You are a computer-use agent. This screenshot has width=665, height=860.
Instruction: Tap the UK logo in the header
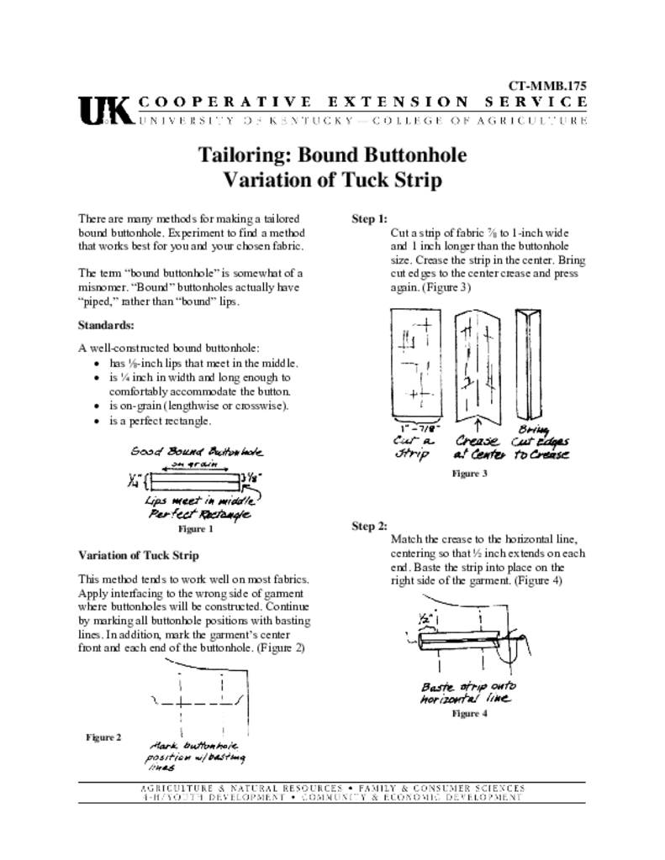(104, 110)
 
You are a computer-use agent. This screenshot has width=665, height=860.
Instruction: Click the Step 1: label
(369, 220)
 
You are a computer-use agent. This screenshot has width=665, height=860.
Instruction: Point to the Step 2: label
(369, 527)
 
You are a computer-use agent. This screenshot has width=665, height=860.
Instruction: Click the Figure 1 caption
(195, 529)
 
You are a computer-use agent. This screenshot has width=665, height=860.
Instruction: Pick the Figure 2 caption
(103, 737)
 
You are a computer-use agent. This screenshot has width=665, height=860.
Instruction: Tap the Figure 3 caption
(470, 474)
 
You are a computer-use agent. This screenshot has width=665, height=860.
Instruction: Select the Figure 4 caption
(470, 714)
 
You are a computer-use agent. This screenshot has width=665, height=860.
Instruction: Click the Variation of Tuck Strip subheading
(138, 555)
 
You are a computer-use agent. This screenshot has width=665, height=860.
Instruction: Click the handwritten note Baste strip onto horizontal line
(467, 692)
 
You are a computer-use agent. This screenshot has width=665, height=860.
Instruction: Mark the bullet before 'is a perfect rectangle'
(99, 421)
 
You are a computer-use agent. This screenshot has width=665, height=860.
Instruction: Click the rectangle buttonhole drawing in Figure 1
(193, 482)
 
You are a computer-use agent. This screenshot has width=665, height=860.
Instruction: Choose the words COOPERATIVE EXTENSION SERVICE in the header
(362, 102)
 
